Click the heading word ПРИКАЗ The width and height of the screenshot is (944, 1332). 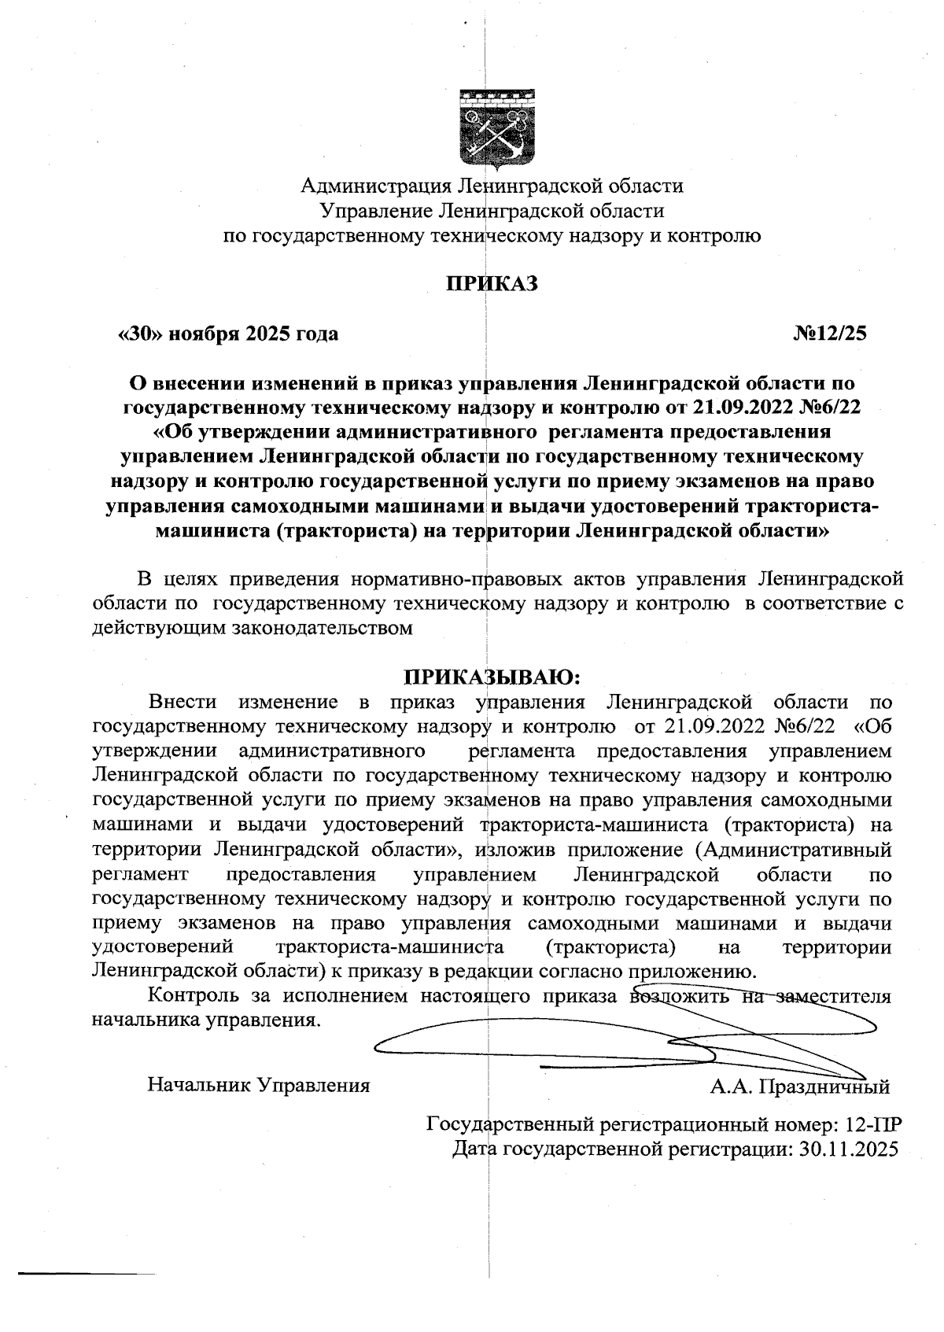492,283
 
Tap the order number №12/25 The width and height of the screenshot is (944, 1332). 829,334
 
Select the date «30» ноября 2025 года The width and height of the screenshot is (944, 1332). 228,334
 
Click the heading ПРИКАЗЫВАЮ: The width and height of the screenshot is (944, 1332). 492,677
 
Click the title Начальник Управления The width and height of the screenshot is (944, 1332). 259,1086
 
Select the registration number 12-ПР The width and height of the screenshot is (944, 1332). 868,1124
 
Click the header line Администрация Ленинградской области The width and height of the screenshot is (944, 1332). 492,186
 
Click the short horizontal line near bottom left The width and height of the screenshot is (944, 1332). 87,1272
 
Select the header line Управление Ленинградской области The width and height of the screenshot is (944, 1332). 492,211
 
